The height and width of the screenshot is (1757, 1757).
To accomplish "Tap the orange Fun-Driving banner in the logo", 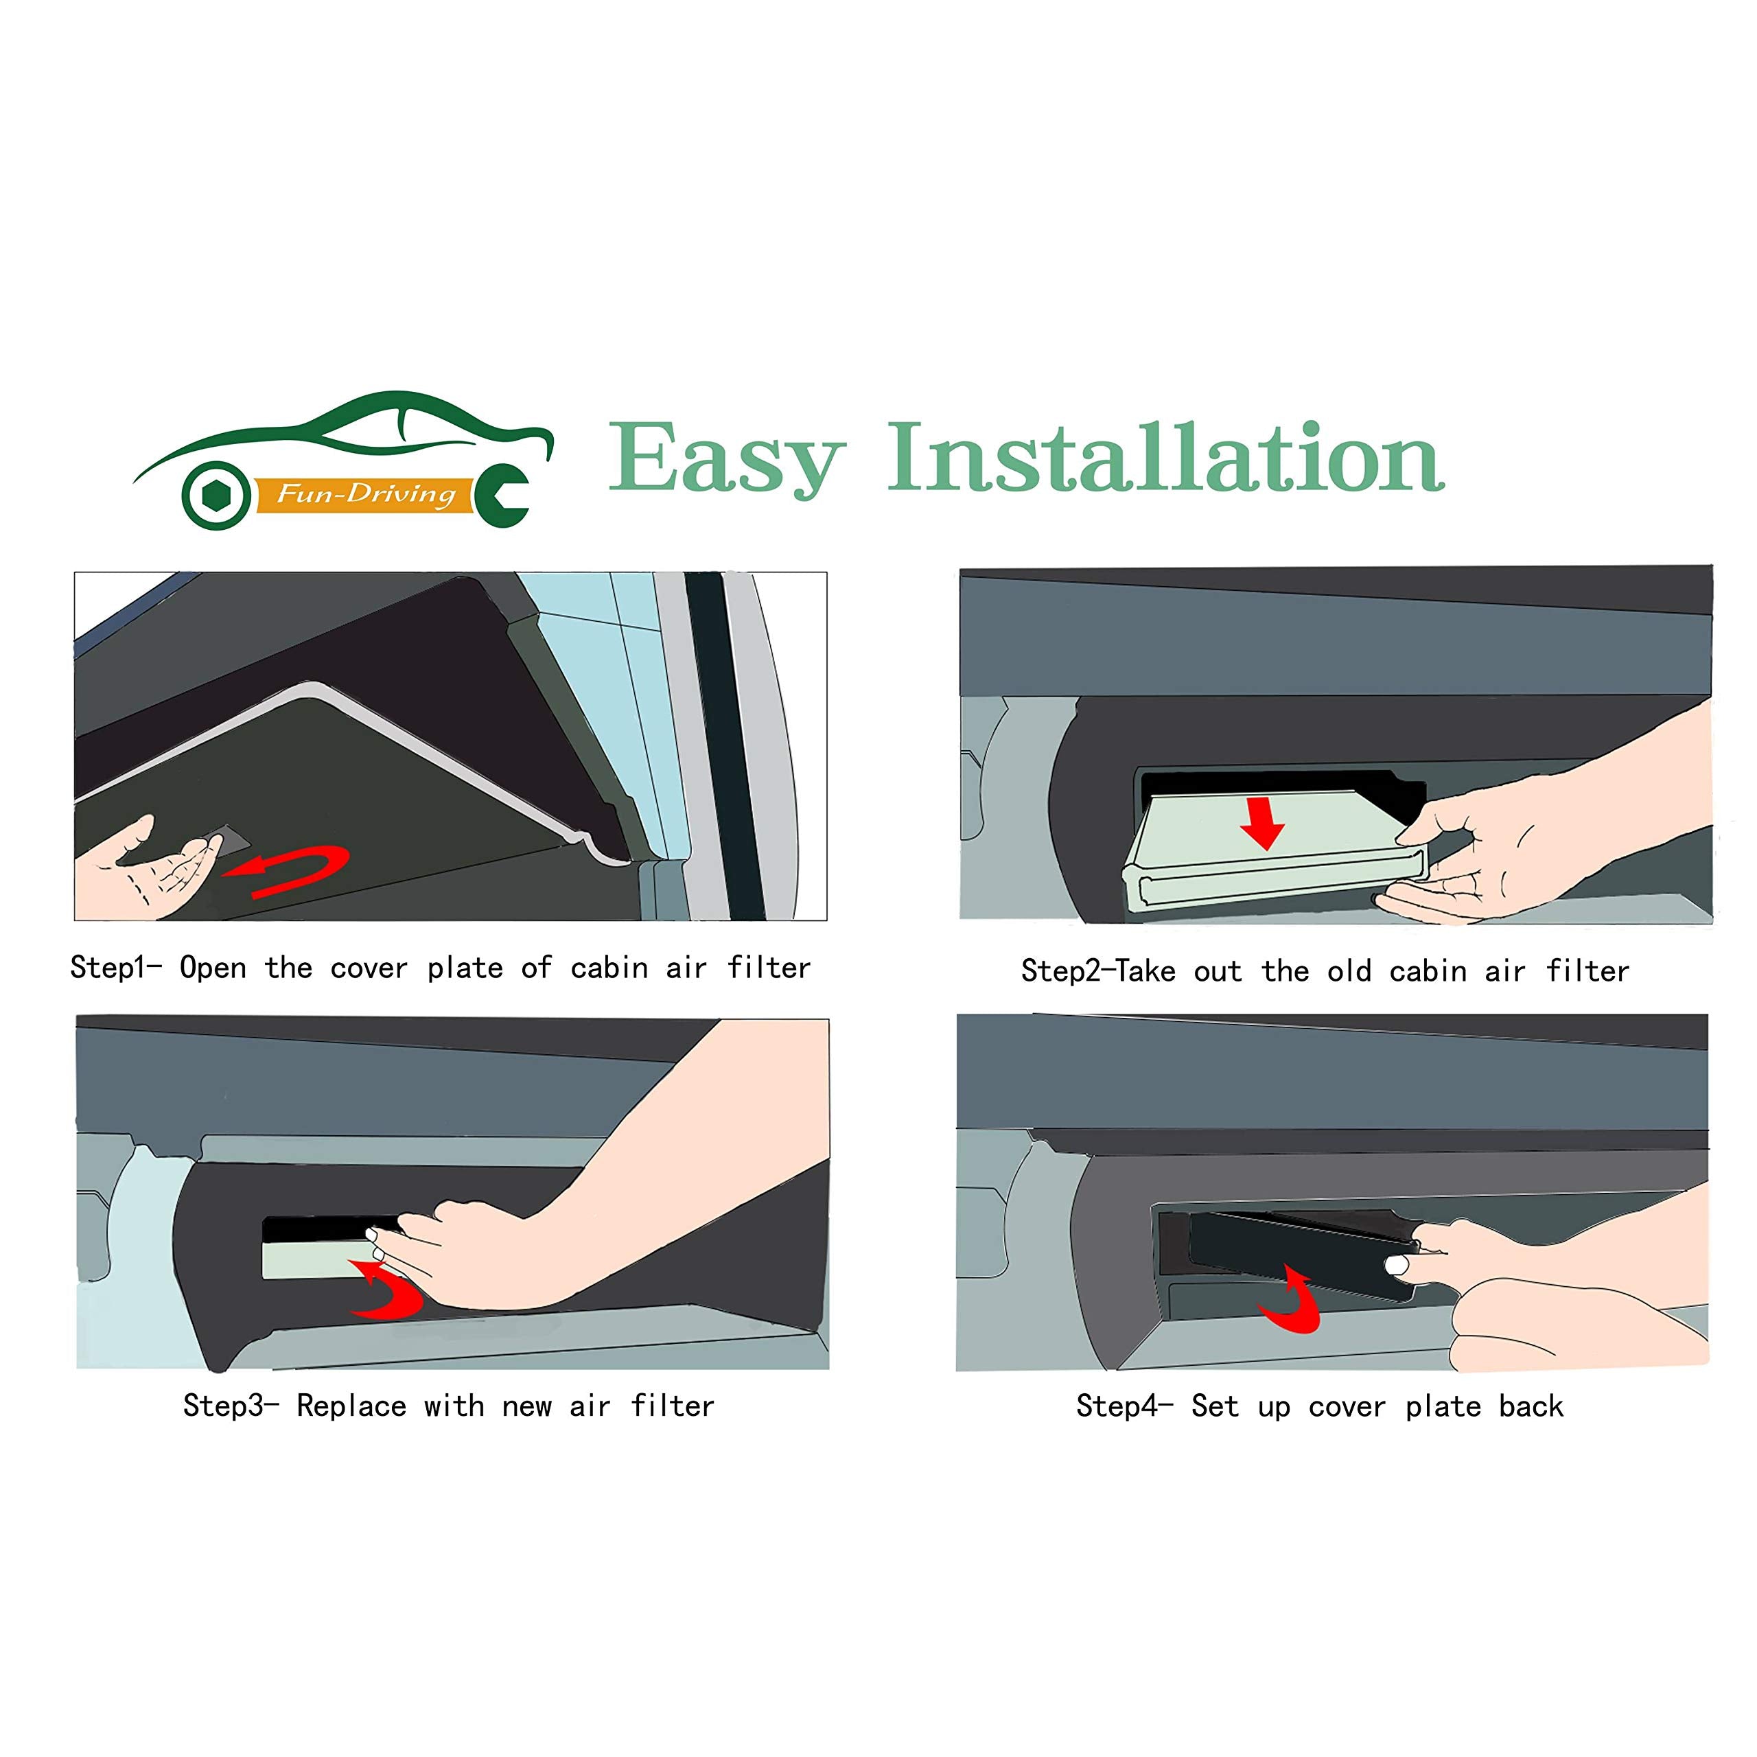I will tap(364, 495).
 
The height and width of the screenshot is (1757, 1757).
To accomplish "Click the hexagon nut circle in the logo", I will tap(216, 496).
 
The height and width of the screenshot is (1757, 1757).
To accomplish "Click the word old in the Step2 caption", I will tap(1349, 971).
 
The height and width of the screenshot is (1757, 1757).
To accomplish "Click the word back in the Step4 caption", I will tap(1531, 1407).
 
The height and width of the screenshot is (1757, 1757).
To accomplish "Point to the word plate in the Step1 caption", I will tap(465, 968).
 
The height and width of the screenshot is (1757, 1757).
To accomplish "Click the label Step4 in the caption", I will tap(1117, 1406).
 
